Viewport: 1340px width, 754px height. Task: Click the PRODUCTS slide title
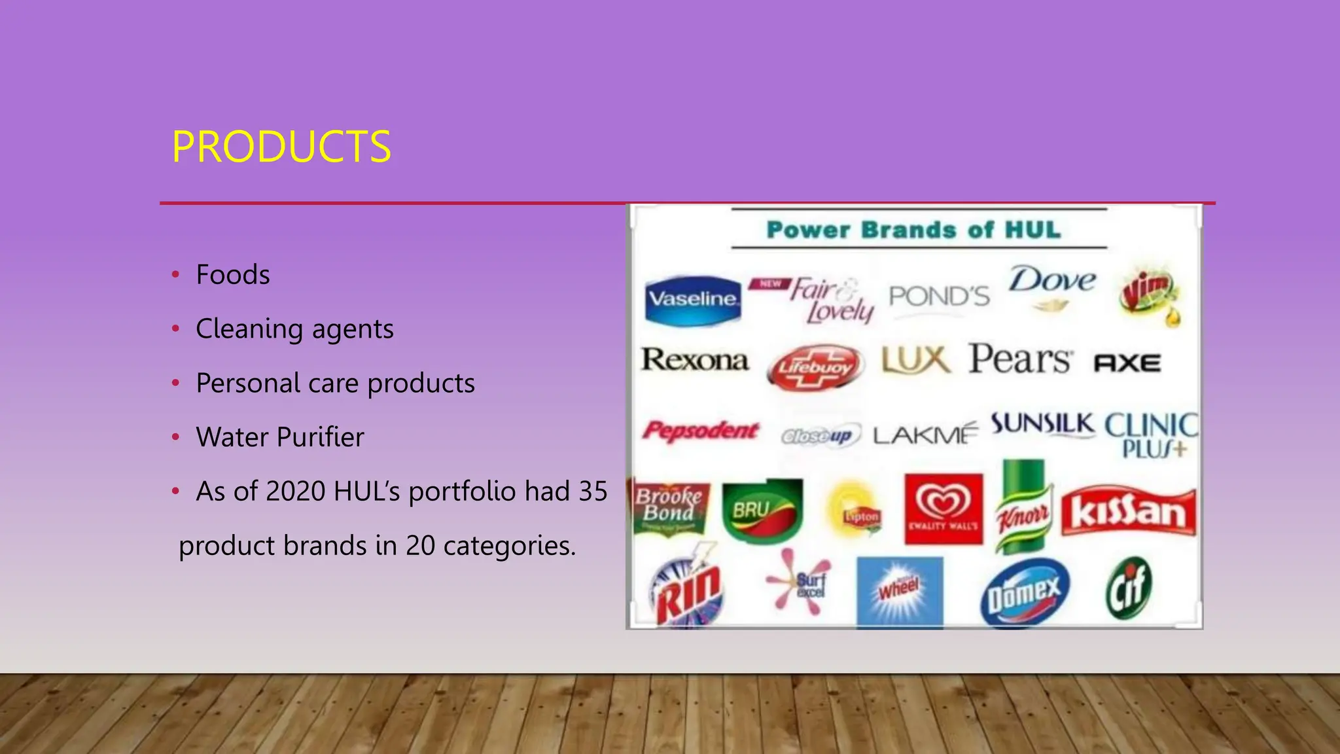(x=281, y=147)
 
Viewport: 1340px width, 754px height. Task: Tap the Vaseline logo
(x=692, y=300)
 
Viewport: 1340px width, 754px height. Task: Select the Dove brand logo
(x=1051, y=286)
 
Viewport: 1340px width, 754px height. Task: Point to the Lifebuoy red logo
(x=815, y=368)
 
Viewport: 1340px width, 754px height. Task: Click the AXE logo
(x=1127, y=363)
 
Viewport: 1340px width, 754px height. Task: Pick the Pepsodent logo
(x=700, y=431)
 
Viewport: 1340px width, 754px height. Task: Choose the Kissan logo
(x=1128, y=511)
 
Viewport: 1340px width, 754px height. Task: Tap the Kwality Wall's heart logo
(x=943, y=509)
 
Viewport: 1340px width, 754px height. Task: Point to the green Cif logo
(x=1128, y=588)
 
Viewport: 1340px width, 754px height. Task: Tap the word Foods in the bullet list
(x=233, y=275)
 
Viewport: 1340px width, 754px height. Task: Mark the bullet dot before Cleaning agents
(x=175, y=329)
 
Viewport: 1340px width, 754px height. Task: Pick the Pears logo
(x=1019, y=360)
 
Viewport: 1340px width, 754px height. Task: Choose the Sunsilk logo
(x=1042, y=424)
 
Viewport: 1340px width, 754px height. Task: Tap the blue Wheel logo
(x=900, y=590)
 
